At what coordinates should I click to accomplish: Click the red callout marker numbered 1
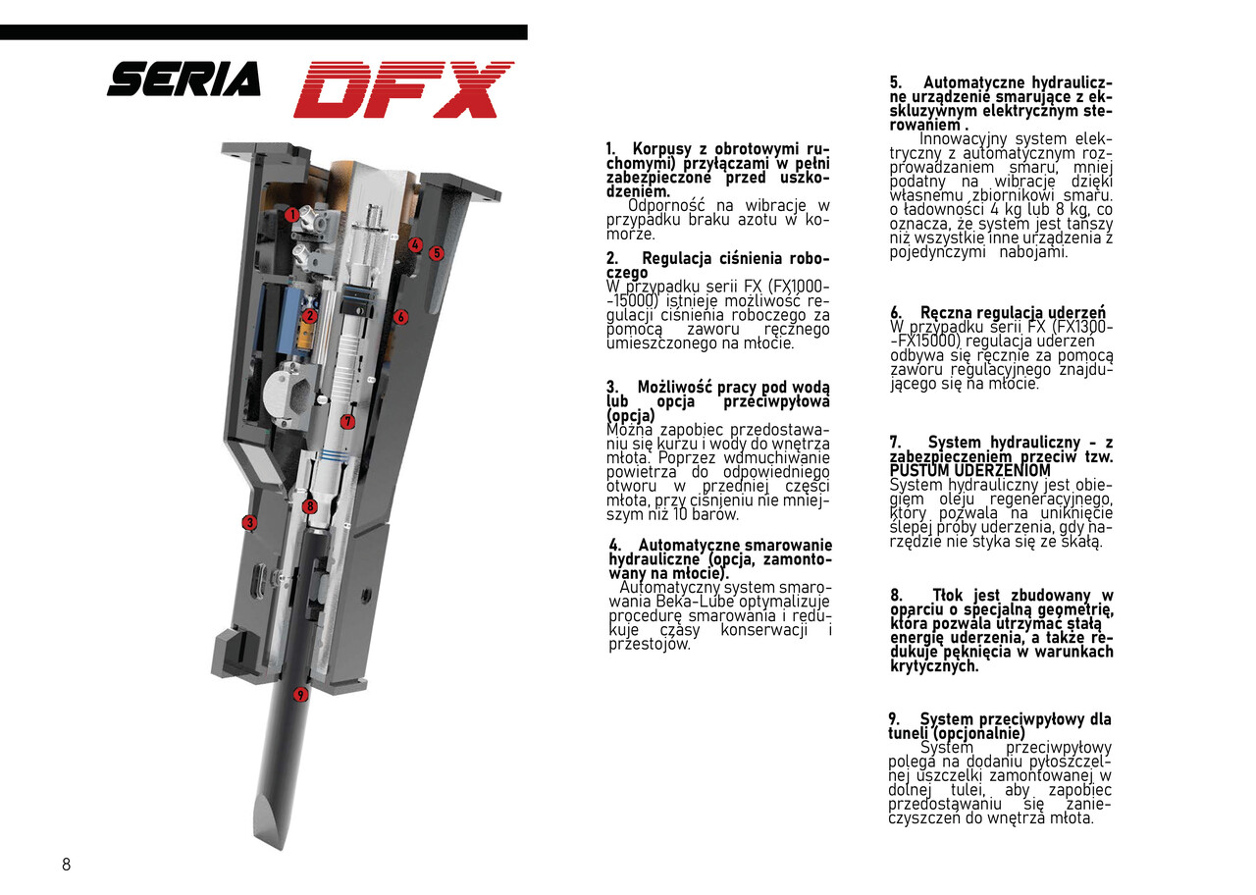291,214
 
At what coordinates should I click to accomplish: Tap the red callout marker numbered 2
309,316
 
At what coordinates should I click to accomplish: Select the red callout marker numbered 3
249,523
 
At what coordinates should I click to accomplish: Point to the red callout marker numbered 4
415,245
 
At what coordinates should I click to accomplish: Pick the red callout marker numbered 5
437,253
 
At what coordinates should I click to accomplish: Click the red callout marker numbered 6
400,317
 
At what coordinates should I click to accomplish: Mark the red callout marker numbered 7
347,421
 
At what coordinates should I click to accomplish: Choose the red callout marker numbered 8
309,506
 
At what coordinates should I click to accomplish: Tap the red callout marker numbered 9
301,695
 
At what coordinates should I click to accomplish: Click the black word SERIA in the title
183,79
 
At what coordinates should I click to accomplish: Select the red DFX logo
403,89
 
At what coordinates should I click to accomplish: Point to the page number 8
67,865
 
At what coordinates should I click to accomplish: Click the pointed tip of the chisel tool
266,835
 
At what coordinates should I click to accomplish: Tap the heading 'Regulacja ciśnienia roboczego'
717,265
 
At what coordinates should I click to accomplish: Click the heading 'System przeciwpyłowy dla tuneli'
999,726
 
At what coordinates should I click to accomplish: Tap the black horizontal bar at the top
263,32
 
